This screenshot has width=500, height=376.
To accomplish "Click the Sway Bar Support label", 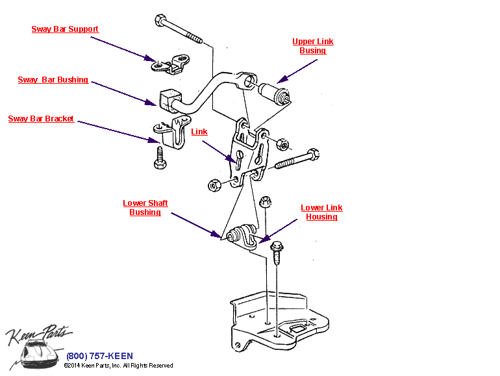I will [x=65, y=29].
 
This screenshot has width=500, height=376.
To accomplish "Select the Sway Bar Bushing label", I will [x=53, y=80].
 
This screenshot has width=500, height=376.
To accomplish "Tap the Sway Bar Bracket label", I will [x=41, y=119].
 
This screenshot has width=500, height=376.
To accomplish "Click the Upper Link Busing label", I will [x=312, y=46].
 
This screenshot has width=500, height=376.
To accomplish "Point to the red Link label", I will [x=199, y=132].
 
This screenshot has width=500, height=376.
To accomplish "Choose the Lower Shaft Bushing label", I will [x=145, y=208].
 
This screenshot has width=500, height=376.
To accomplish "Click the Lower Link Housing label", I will [x=321, y=212].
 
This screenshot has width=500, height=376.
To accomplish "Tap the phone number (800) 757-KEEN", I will [x=99, y=356].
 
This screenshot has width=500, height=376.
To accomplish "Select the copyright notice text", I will [x=118, y=366].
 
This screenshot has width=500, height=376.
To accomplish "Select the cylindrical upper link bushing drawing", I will [x=275, y=94].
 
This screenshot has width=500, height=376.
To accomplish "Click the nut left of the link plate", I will [x=214, y=184].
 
